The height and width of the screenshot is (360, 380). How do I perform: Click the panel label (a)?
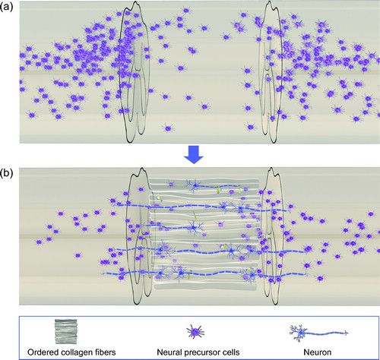coord(6,7)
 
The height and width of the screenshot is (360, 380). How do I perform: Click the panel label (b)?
coord(6,174)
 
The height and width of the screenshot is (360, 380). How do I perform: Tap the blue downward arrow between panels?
coord(194,154)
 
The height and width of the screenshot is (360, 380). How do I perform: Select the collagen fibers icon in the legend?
coord(66,331)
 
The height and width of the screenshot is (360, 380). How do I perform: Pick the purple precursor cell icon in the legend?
coord(195,332)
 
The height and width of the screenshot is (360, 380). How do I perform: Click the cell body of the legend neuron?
coord(300,332)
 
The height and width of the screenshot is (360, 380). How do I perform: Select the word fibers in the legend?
coord(103,352)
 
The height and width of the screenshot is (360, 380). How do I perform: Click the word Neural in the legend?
coord(169,352)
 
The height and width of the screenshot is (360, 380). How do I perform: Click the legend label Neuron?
coord(318,352)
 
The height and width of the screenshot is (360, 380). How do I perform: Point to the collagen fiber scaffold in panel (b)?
coord(204,234)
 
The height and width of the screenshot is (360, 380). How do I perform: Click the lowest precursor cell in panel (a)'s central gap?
coord(168,128)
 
